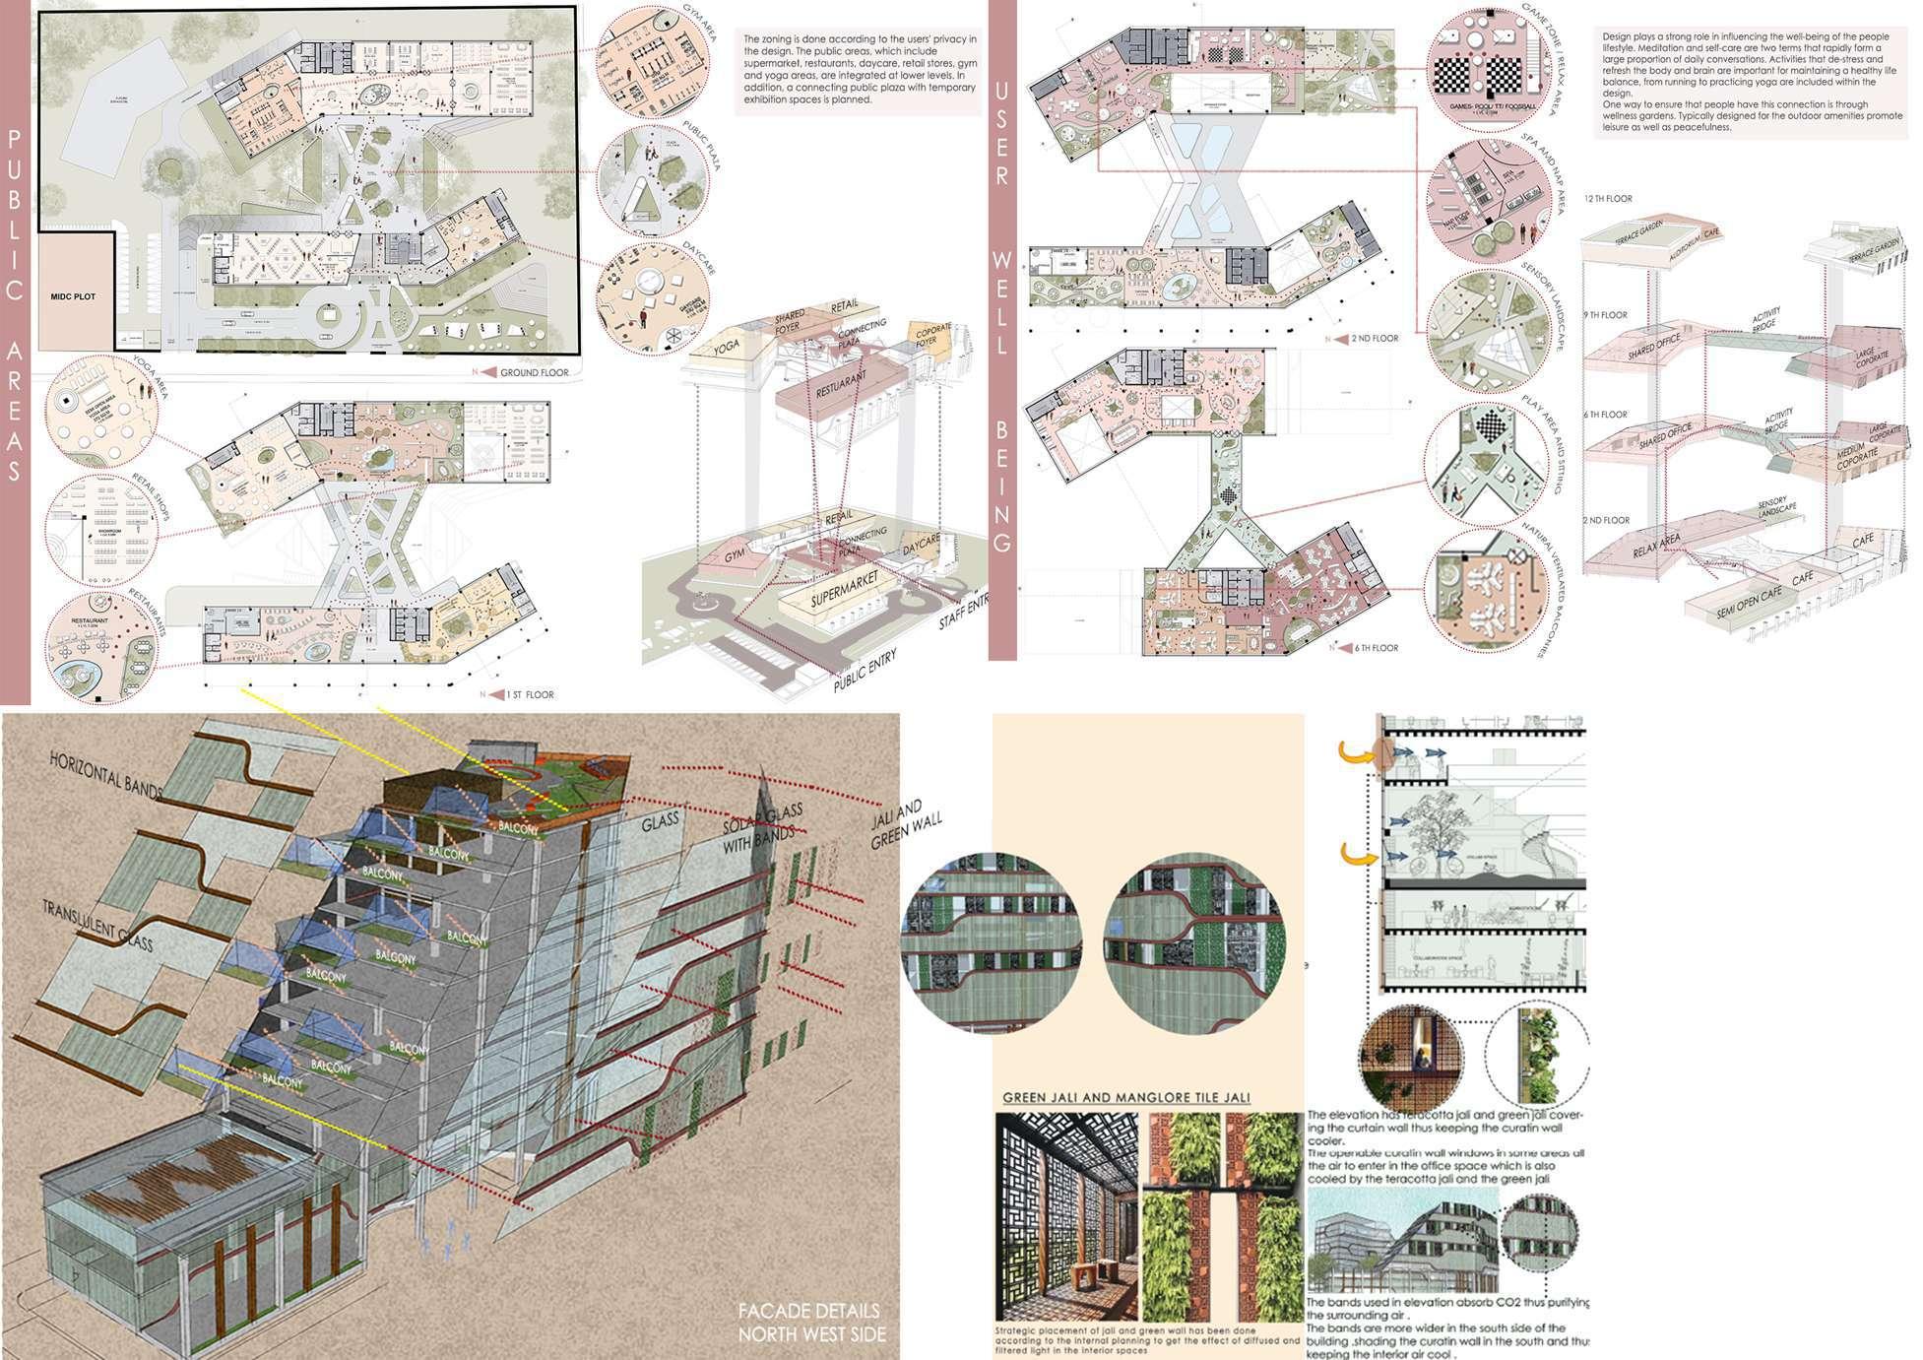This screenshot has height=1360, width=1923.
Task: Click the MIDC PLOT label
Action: [x=74, y=295]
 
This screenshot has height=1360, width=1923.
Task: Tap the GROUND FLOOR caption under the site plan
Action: [x=534, y=372]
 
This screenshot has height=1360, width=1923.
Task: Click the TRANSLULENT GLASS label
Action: [x=97, y=925]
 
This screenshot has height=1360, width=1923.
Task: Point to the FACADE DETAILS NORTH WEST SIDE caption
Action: [x=811, y=1323]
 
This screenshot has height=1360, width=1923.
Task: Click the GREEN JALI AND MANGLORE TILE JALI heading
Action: [x=1126, y=1097]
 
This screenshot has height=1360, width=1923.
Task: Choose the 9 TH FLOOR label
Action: [x=1605, y=315]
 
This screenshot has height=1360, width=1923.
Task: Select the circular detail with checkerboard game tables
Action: [x=1488, y=68]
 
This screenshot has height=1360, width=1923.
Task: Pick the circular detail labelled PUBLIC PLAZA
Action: [x=653, y=179]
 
